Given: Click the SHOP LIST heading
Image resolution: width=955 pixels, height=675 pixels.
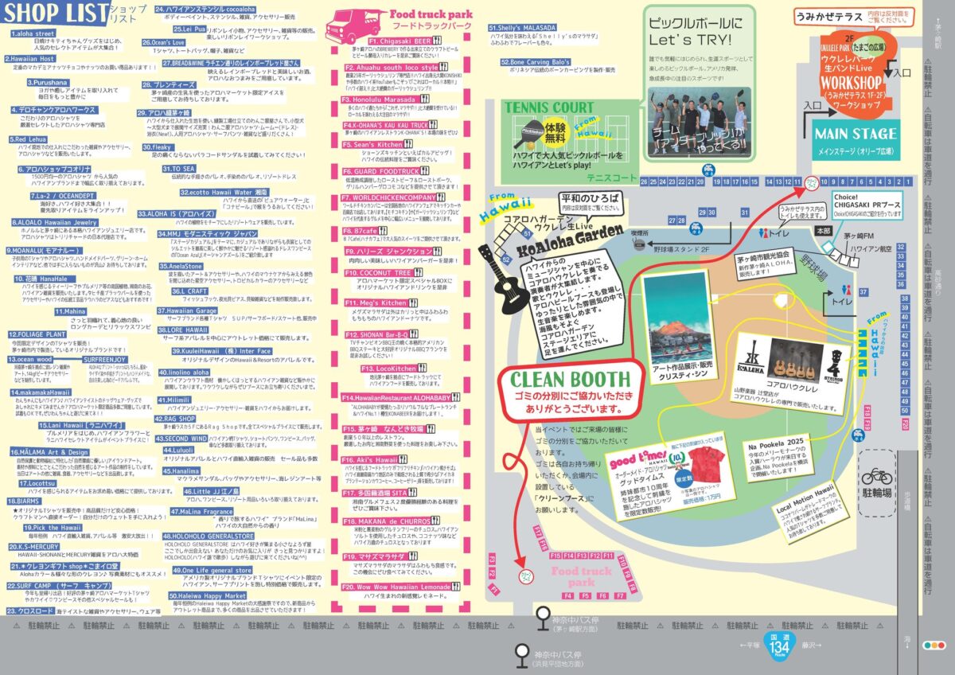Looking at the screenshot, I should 58,15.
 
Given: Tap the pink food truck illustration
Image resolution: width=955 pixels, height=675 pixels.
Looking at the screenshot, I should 351,26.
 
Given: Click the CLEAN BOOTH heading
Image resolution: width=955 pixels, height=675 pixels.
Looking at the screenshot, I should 569,380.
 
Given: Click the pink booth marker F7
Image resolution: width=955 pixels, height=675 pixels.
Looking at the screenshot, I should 620,595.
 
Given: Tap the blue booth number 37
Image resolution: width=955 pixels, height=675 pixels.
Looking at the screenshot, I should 885,292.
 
